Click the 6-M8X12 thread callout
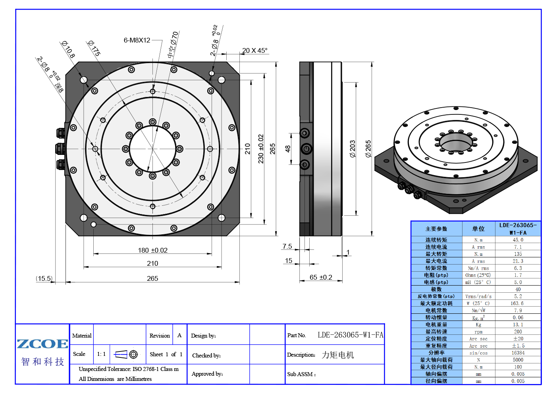(x=137, y=40)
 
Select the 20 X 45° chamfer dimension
(x=255, y=50)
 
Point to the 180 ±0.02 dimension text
(x=153, y=250)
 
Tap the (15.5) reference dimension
(x=44, y=278)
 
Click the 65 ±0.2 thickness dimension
(x=321, y=277)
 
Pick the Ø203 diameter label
(x=353, y=149)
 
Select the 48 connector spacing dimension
(x=288, y=149)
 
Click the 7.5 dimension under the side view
(x=287, y=246)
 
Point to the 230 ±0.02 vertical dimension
(x=260, y=149)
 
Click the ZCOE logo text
(x=42, y=344)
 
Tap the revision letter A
(x=179, y=335)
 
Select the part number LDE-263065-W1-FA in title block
(x=351, y=335)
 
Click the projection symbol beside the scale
(x=126, y=354)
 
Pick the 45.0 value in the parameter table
(x=518, y=240)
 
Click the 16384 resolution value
(x=518, y=353)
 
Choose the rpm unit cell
(x=478, y=332)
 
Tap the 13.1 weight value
(x=518, y=324)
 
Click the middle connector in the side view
(x=306, y=149)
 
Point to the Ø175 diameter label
(x=94, y=48)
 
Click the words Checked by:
(x=206, y=355)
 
